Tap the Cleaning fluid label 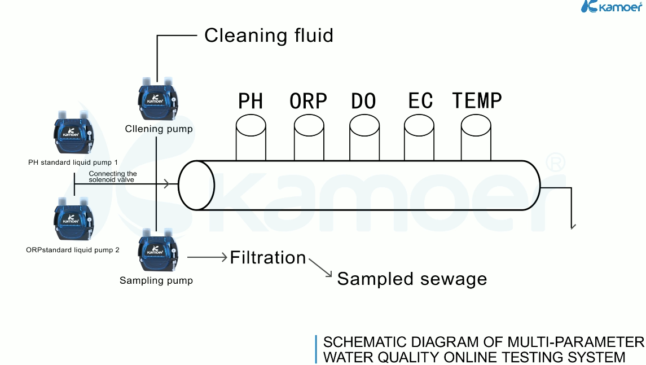(269, 36)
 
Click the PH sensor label (251, 101)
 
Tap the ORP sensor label (308, 101)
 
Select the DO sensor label (363, 101)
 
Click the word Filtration (268, 258)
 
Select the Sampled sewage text (412, 279)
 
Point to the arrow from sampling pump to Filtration (207, 257)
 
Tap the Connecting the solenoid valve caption (113, 177)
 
